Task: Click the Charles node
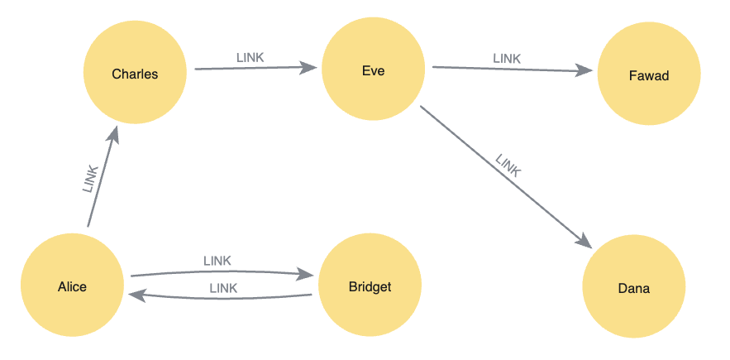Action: (135, 74)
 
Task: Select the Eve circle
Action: (373, 70)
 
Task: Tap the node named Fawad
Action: (649, 75)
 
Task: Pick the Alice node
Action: (72, 287)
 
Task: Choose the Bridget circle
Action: (370, 287)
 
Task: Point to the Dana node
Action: (634, 288)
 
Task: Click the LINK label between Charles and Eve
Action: (250, 57)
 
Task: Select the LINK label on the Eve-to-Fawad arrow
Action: (507, 58)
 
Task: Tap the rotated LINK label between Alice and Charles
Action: (91, 180)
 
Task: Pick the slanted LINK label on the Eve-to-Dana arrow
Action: (508, 166)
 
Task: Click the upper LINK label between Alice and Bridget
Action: (217, 261)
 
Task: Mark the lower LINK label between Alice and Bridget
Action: (223, 288)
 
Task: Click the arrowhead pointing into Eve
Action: (309, 68)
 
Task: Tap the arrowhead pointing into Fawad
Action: (585, 71)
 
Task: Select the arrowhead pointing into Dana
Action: (584, 241)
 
